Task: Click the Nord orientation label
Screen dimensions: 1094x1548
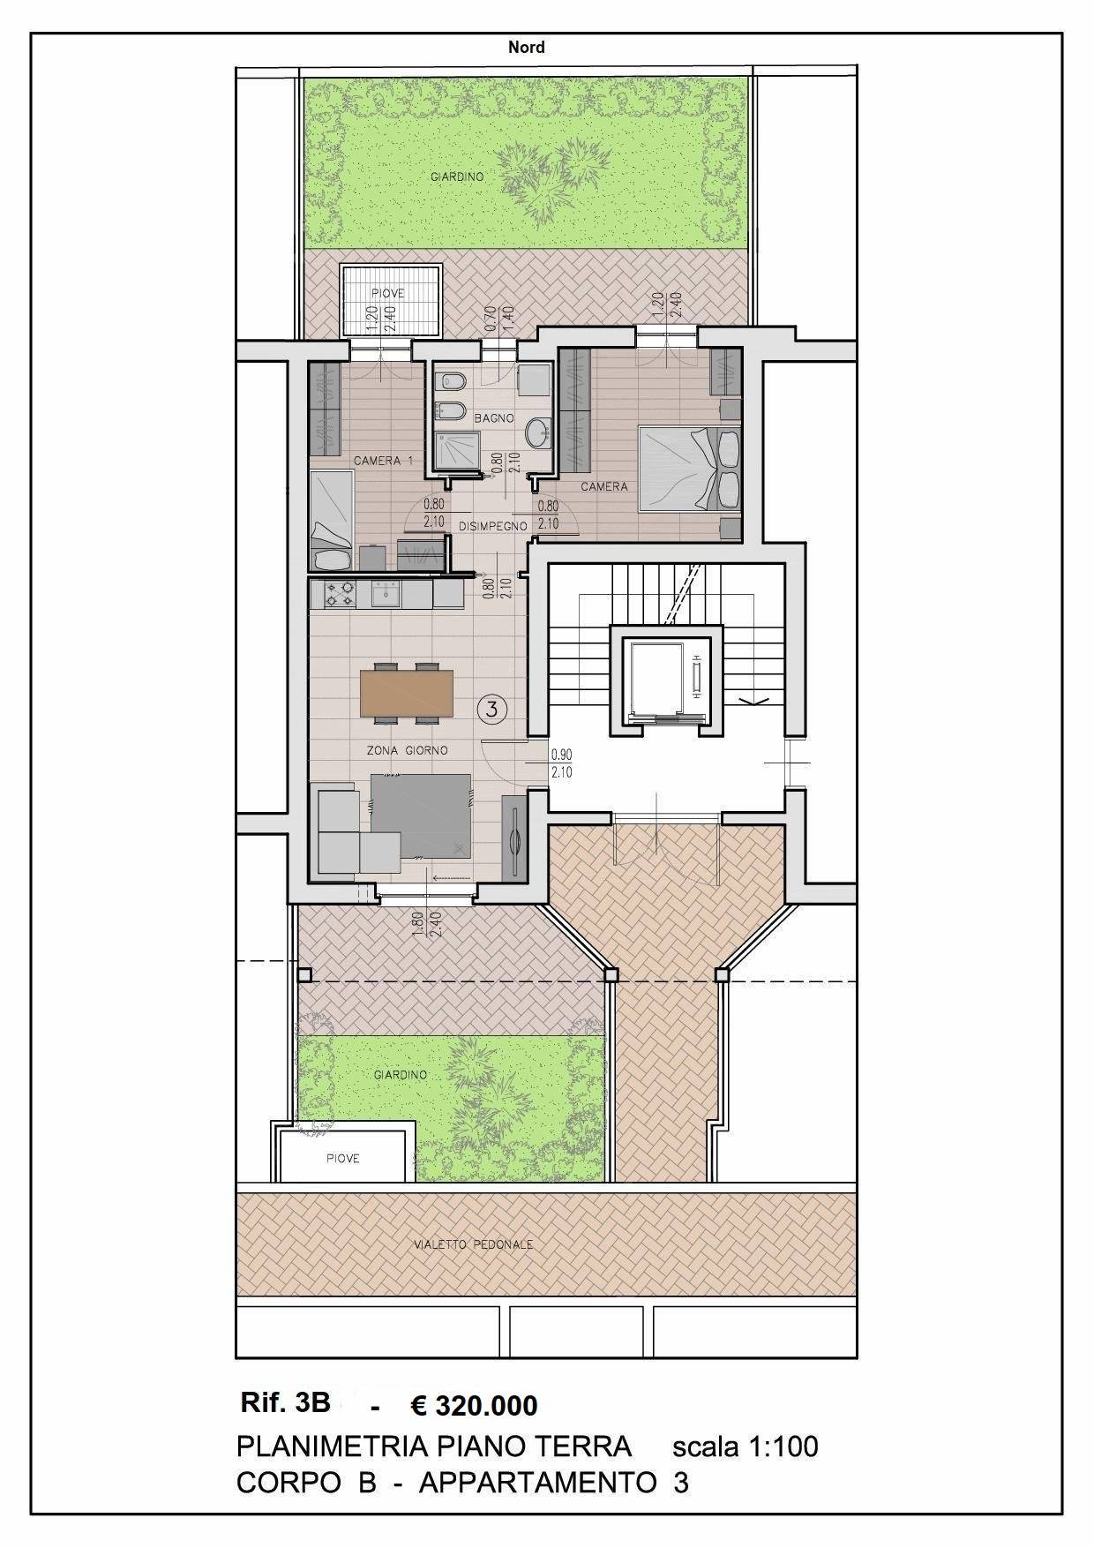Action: pyautogui.click(x=526, y=47)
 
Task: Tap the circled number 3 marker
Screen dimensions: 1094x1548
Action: pyautogui.click(x=492, y=707)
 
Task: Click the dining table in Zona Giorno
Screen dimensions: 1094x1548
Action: pyautogui.click(x=407, y=694)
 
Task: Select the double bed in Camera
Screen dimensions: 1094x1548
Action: pyautogui.click(x=689, y=469)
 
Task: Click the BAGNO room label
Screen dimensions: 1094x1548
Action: pyautogui.click(x=494, y=418)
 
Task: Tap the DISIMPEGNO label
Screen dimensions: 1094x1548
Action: pyautogui.click(x=493, y=526)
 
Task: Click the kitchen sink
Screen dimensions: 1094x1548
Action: pyautogui.click(x=386, y=596)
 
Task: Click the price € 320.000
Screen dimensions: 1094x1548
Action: pyautogui.click(x=474, y=1405)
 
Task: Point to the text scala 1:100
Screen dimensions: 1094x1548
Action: pyautogui.click(x=746, y=1447)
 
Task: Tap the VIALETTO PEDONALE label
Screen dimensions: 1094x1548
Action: pyautogui.click(x=474, y=1244)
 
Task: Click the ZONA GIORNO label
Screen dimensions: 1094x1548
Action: pyautogui.click(x=408, y=750)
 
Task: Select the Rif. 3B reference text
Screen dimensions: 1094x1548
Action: pyautogui.click(x=284, y=1401)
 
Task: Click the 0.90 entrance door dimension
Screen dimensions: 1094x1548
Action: pyautogui.click(x=562, y=755)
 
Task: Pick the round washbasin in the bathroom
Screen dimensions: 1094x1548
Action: pyautogui.click(x=536, y=433)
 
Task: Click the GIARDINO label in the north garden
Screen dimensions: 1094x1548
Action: pyautogui.click(x=457, y=177)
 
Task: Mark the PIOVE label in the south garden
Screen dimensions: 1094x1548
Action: pyautogui.click(x=342, y=1158)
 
